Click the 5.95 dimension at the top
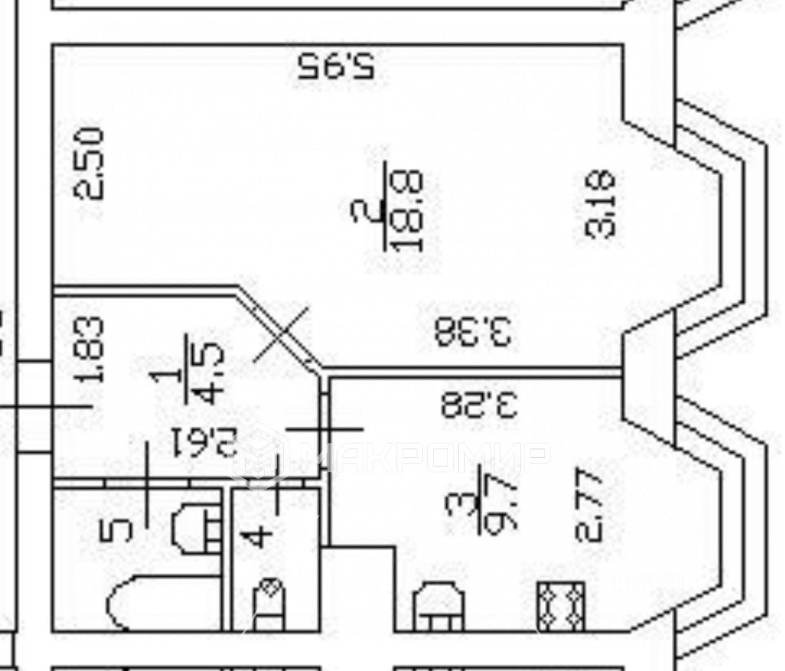[336, 65]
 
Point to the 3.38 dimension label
[473, 332]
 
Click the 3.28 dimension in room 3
[479, 405]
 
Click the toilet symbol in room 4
[269, 604]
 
